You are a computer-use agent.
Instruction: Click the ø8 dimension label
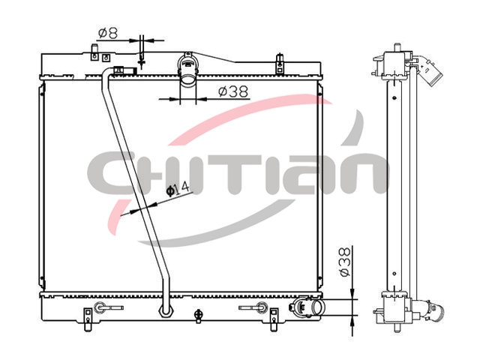tap(108, 33)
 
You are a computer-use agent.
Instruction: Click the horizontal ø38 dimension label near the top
tap(233, 91)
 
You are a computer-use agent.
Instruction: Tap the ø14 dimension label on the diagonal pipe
tap(178, 189)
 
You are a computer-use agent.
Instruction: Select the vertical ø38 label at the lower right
tap(345, 262)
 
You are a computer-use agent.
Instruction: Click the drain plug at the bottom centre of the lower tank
tap(198, 316)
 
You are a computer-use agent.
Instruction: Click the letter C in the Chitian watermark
tap(111, 173)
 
